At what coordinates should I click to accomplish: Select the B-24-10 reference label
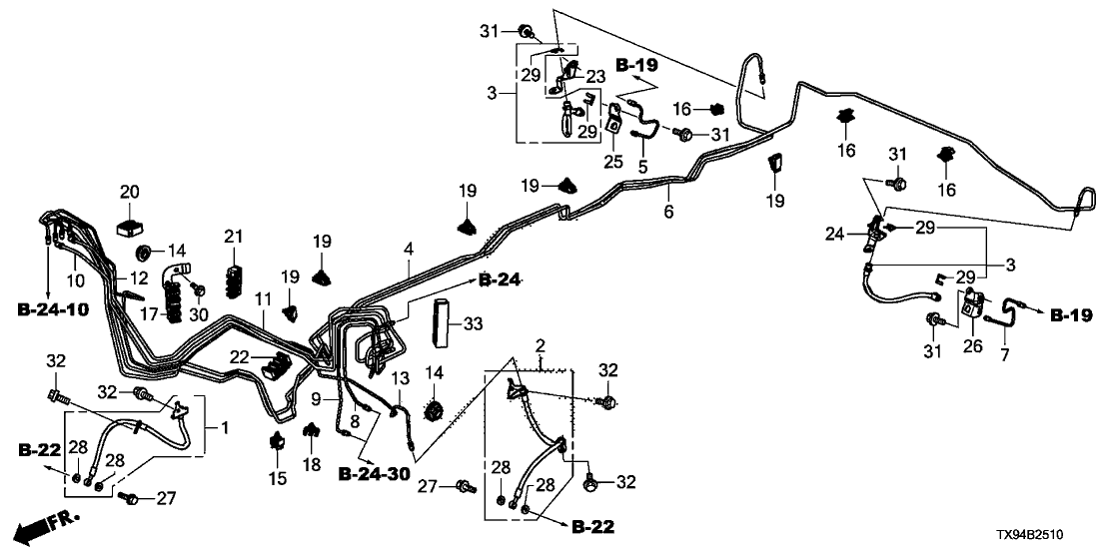click(x=53, y=309)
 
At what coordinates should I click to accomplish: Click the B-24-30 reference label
click(x=374, y=473)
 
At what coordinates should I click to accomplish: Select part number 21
click(x=233, y=237)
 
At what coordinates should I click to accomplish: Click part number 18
click(x=312, y=464)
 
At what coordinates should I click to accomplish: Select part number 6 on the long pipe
click(x=668, y=212)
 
